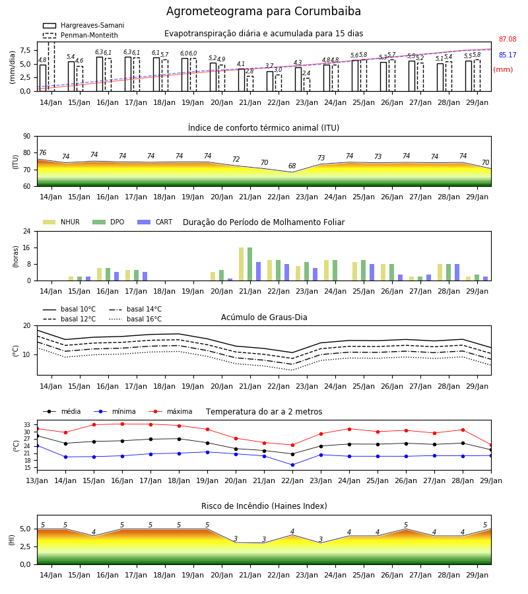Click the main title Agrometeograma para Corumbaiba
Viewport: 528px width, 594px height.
click(x=263, y=11)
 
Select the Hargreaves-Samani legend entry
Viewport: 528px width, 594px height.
click(x=84, y=25)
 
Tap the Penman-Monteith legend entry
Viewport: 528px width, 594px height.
click(x=81, y=35)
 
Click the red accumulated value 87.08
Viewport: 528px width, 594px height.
click(x=508, y=39)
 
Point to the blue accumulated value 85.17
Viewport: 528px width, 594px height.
click(x=508, y=55)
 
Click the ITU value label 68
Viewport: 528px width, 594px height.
click(x=292, y=166)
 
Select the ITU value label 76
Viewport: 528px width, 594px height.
click(x=42, y=152)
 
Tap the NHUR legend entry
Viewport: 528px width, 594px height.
click(x=61, y=222)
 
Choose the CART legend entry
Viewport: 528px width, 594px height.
click(x=155, y=222)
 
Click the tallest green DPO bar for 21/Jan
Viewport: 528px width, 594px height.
click(x=250, y=264)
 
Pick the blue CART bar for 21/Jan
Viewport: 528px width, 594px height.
click(x=258, y=271)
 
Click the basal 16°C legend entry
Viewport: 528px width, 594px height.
click(x=135, y=319)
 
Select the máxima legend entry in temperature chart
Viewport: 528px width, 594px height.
click(x=171, y=411)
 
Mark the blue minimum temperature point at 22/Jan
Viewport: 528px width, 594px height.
click(x=292, y=465)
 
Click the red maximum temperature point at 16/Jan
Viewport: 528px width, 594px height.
click(x=122, y=424)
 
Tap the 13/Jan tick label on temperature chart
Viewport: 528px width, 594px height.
click(x=37, y=480)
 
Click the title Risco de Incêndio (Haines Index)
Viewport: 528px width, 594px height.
click(x=264, y=506)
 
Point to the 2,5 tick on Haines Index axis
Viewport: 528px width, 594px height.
click(x=25, y=546)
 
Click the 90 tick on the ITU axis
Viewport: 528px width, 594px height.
click(x=27, y=137)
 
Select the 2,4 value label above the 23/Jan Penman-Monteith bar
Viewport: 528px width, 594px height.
click(x=306, y=73)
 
